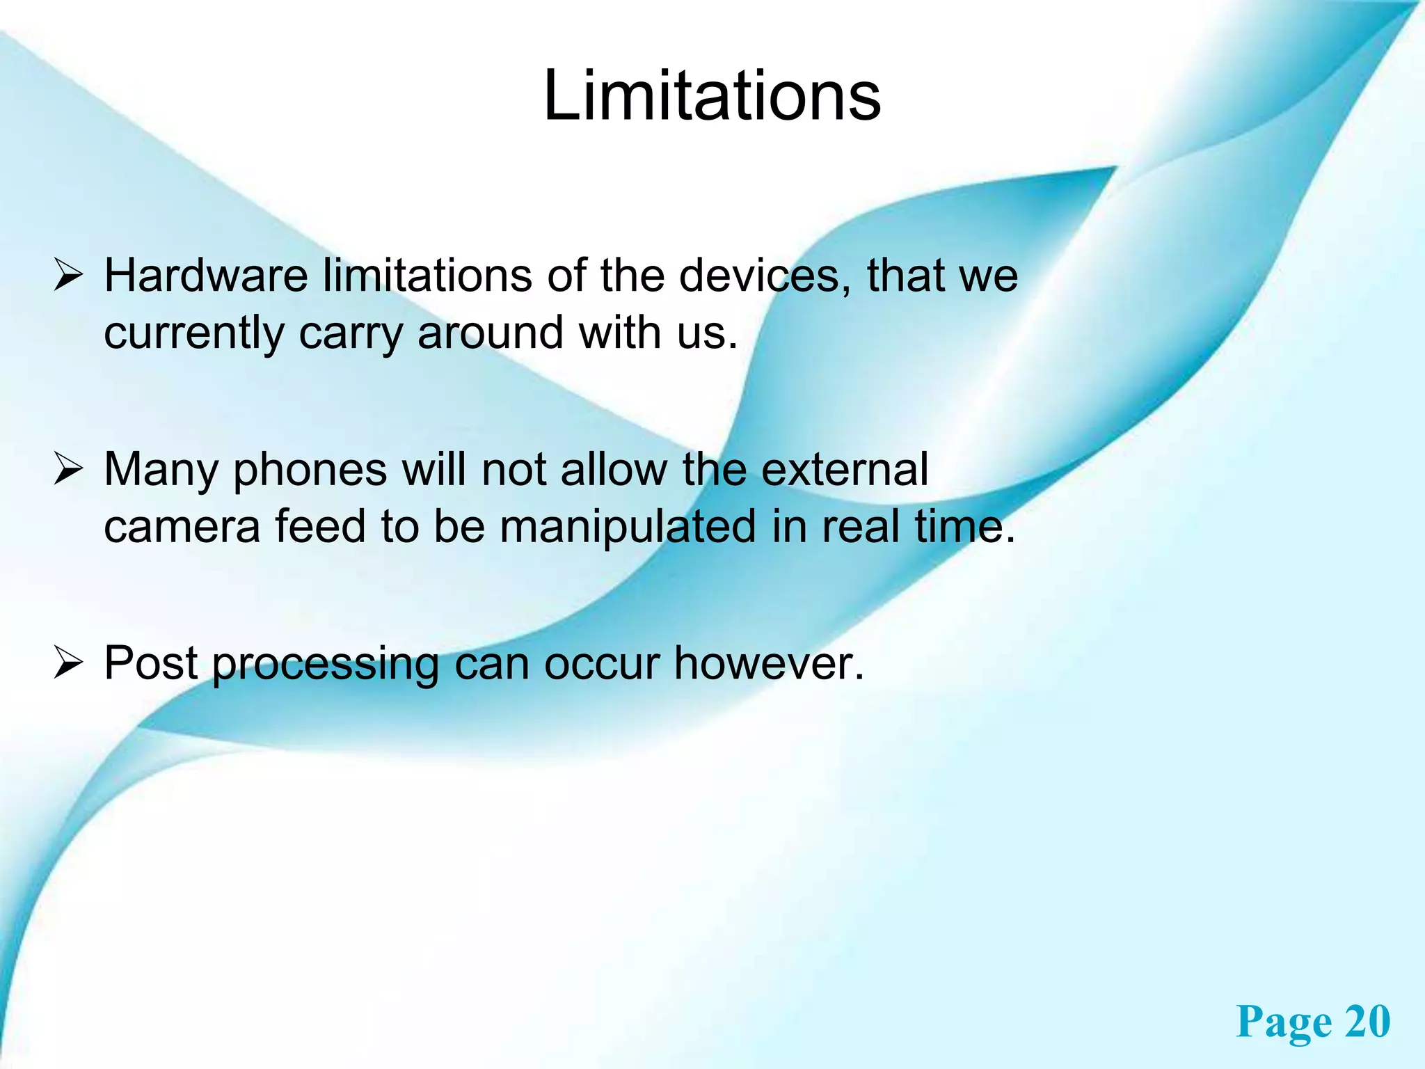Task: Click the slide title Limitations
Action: click(x=712, y=96)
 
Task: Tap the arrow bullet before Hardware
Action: click(x=69, y=277)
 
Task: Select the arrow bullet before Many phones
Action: click(x=69, y=470)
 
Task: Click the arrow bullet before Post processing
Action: click(x=69, y=664)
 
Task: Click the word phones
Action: click(x=310, y=471)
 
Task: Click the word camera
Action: click(x=182, y=527)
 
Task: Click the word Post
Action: click(x=151, y=663)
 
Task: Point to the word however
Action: click(x=768, y=663)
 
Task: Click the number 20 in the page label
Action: click(x=1367, y=1022)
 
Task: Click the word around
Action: click(x=490, y=333)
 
